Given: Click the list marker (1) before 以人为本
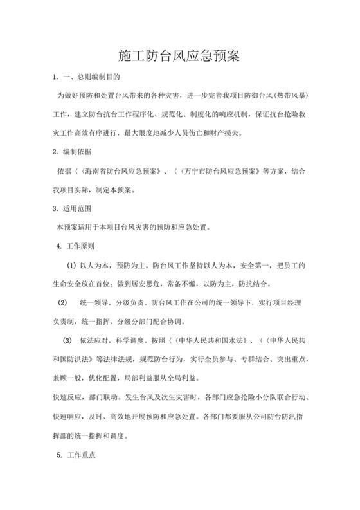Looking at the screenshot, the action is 72,266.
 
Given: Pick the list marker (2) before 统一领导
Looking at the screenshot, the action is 62,303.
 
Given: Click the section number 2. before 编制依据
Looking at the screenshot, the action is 55,153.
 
